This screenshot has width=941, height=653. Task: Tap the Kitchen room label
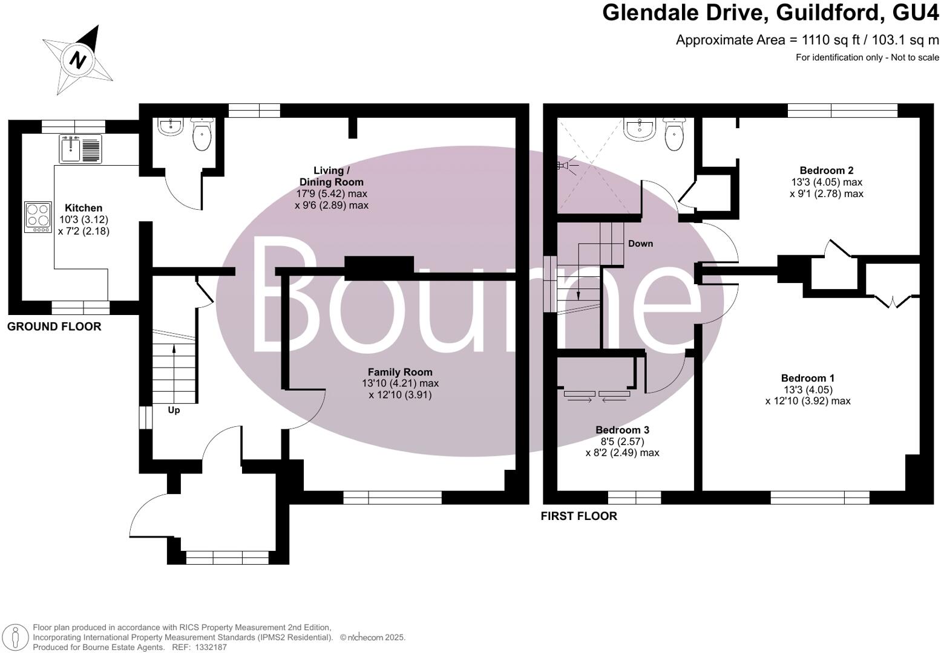coord(84,208)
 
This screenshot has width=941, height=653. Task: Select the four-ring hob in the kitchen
coord(38,217)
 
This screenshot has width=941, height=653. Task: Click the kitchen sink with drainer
coord(81,149)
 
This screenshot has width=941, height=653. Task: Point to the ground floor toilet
coord(202,134)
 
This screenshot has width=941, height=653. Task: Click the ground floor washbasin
coord(171,127)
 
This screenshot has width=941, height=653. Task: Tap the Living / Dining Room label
coord(332,176)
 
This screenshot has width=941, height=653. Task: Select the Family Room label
coord(400,372)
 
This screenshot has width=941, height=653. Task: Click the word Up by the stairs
coord(174,411)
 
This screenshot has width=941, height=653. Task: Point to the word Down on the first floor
coord(640,244)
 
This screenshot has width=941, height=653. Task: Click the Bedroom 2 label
coord(826,171)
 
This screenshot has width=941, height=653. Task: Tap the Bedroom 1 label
coord(808,378)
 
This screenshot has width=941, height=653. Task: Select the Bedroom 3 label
coord(622,430)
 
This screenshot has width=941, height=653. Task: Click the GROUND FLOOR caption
coord(54,327)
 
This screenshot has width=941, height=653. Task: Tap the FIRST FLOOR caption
coord(579,516)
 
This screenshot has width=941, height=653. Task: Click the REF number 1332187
coord(208,647)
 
